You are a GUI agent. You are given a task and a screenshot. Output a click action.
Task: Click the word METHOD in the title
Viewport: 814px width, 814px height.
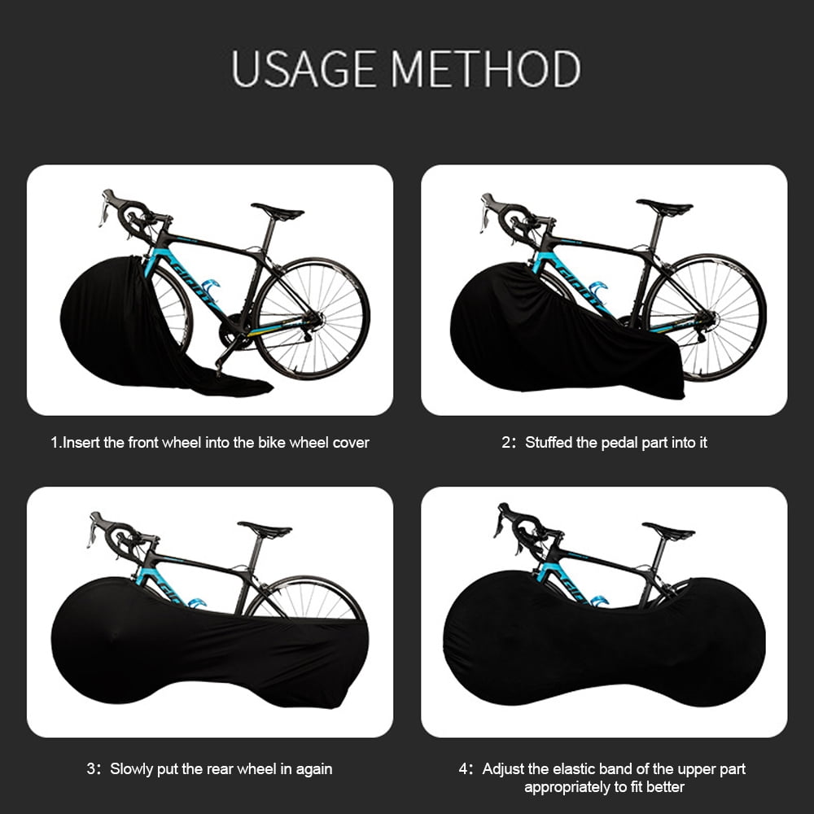(487, 68)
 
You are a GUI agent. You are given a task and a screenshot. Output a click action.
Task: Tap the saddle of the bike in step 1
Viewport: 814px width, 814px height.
(278, 212)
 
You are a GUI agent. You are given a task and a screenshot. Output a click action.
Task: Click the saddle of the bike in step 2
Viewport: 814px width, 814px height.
(664, 208)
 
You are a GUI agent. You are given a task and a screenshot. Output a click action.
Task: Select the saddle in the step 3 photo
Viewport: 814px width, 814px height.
(265, 530)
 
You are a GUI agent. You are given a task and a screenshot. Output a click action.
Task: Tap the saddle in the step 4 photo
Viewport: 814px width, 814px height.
(668, 532)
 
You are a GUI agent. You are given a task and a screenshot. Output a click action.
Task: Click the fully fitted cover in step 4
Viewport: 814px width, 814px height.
(602, 643)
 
